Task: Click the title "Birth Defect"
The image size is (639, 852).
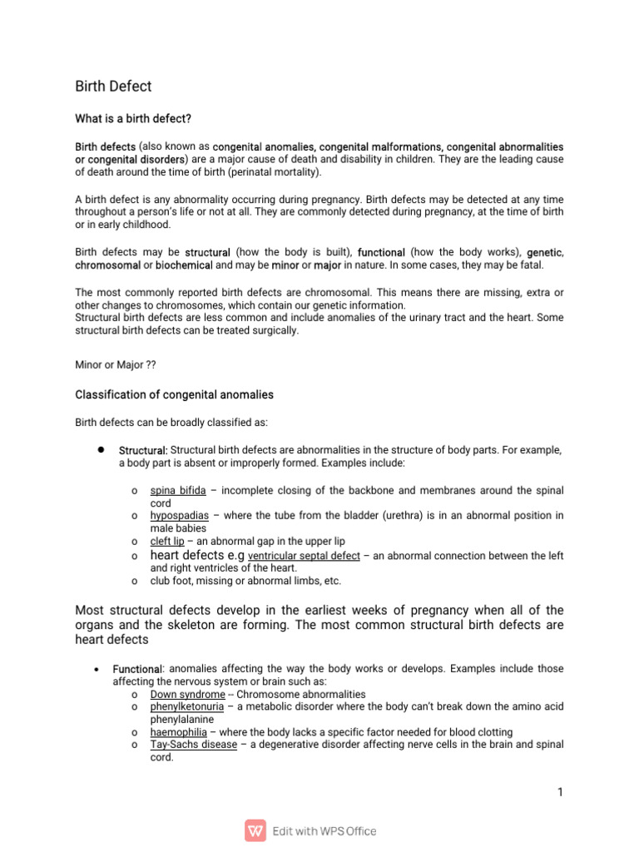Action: point(113,87)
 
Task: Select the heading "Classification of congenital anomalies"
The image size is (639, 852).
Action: point(174,394)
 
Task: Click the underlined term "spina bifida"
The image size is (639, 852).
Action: point(177,490)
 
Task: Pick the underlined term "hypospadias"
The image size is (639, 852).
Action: point(180,516)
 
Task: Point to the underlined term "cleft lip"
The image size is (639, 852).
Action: point(167,541)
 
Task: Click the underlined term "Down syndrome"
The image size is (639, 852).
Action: point(187,694)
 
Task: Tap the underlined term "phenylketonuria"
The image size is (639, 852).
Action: point(187,706)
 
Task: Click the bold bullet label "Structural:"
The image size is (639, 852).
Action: point(143,450)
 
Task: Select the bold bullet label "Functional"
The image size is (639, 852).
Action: point(136,669)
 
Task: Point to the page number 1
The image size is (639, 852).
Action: point(560,792)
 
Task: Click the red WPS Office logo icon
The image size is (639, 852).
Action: point(255,830)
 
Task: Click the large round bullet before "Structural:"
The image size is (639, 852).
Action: point(100,449)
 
